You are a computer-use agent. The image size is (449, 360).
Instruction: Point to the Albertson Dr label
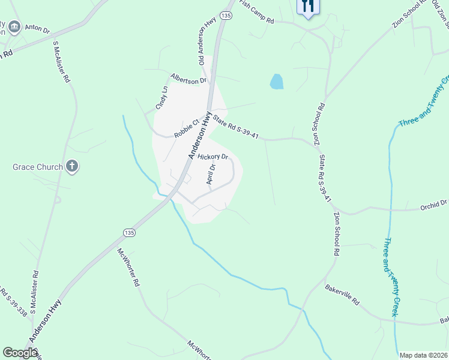(188, 79)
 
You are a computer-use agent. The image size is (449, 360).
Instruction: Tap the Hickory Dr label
(213, 157)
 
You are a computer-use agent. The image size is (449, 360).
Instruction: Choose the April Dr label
(211, 173)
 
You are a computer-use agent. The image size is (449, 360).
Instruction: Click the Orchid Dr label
(435, 204)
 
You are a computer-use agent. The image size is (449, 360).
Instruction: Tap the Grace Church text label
(37, 166)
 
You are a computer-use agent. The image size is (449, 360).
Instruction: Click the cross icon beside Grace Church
(72, 166)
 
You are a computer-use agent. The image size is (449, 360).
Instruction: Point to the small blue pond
(276, 82)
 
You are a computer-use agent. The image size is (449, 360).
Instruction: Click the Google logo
(20, 353)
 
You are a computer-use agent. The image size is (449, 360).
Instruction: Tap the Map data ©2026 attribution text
(424, 355)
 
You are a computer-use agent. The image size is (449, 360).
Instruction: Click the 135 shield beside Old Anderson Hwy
(226, 15)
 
